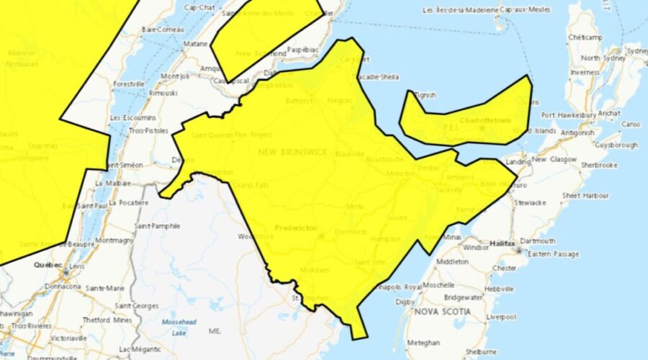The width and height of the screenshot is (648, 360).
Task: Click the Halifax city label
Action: [503, 244]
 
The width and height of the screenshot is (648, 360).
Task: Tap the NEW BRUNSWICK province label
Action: [293, 153]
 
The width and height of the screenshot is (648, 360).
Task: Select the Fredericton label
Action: [297, 228]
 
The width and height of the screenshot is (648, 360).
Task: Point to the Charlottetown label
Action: [484, 120]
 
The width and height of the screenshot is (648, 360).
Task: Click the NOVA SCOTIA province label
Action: [442, 312]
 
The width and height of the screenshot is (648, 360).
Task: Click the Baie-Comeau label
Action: [160, 30]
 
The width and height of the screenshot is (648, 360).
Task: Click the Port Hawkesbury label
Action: [568, 114]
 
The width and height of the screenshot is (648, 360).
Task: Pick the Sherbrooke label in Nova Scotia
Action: [599, 165]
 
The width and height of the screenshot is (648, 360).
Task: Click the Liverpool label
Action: [502, 317]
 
